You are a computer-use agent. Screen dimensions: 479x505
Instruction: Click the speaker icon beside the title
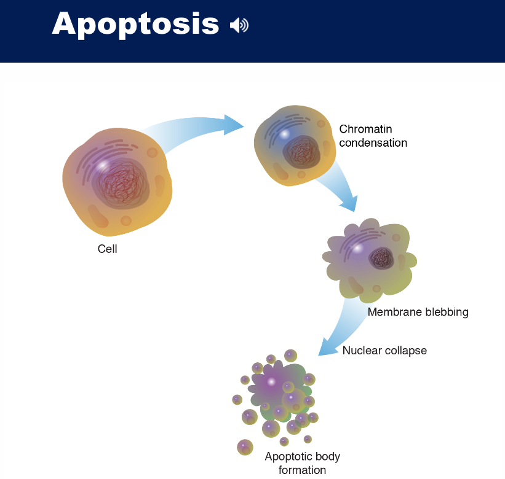239,25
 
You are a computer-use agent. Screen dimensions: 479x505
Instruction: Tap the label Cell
107,249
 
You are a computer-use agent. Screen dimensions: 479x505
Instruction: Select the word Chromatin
365,130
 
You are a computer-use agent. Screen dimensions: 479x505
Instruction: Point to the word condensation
373,143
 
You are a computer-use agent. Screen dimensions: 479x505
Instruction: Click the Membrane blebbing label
418,312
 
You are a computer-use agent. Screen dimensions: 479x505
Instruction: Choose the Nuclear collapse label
384,351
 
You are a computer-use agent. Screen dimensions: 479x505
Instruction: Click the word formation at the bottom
302,470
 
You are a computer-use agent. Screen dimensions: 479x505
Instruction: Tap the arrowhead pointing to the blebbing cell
347,202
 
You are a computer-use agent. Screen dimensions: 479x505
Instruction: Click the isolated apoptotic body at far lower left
245,446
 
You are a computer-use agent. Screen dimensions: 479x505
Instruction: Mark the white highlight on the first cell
104,165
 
